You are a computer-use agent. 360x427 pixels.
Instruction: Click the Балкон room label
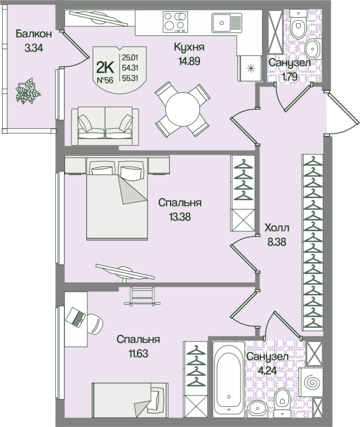click(34, 34)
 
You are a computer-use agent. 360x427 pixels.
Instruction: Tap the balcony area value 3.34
click(34, 47)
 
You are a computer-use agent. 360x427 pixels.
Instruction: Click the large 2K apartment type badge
click(105, 66)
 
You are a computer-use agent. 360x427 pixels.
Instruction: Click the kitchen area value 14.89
click(189, 60)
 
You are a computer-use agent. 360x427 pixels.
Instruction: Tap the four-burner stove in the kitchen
click(177, 23)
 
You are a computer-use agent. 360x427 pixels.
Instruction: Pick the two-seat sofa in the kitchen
click(105, 125)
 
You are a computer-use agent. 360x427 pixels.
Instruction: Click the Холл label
click(276, 228)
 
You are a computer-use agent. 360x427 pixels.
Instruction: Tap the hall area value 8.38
click(276, 241)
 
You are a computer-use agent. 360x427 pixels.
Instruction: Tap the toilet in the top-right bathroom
click(297, 24)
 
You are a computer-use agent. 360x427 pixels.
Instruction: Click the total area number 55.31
click(131, 78)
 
